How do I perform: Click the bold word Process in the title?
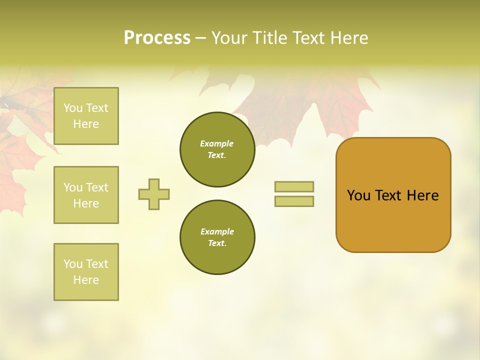157,38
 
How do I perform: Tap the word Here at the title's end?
348,38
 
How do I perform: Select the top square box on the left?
86,116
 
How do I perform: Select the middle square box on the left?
86,195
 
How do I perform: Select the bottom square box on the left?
86,272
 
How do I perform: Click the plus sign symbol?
154,194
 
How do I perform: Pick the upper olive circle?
217,149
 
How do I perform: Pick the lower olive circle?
217,237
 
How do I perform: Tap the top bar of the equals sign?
294,187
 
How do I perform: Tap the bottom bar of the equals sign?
294,201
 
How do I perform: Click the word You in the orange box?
358,195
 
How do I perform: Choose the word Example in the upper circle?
217,144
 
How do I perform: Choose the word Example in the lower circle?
217,232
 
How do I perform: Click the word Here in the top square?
86,124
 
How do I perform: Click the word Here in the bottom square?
86,280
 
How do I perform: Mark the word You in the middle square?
73,187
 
